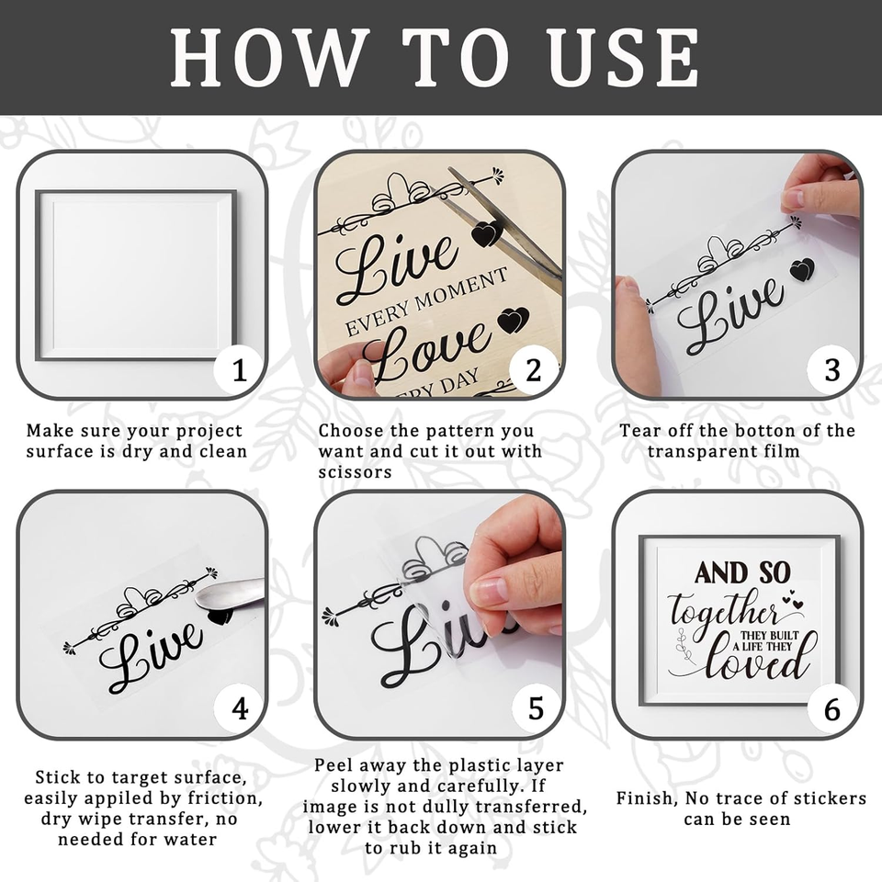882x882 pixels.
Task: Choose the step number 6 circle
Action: (832, 708)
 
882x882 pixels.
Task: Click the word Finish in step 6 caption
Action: (644, 797)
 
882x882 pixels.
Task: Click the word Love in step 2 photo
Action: (425, 351)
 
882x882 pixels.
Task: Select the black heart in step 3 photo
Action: (802, 269)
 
